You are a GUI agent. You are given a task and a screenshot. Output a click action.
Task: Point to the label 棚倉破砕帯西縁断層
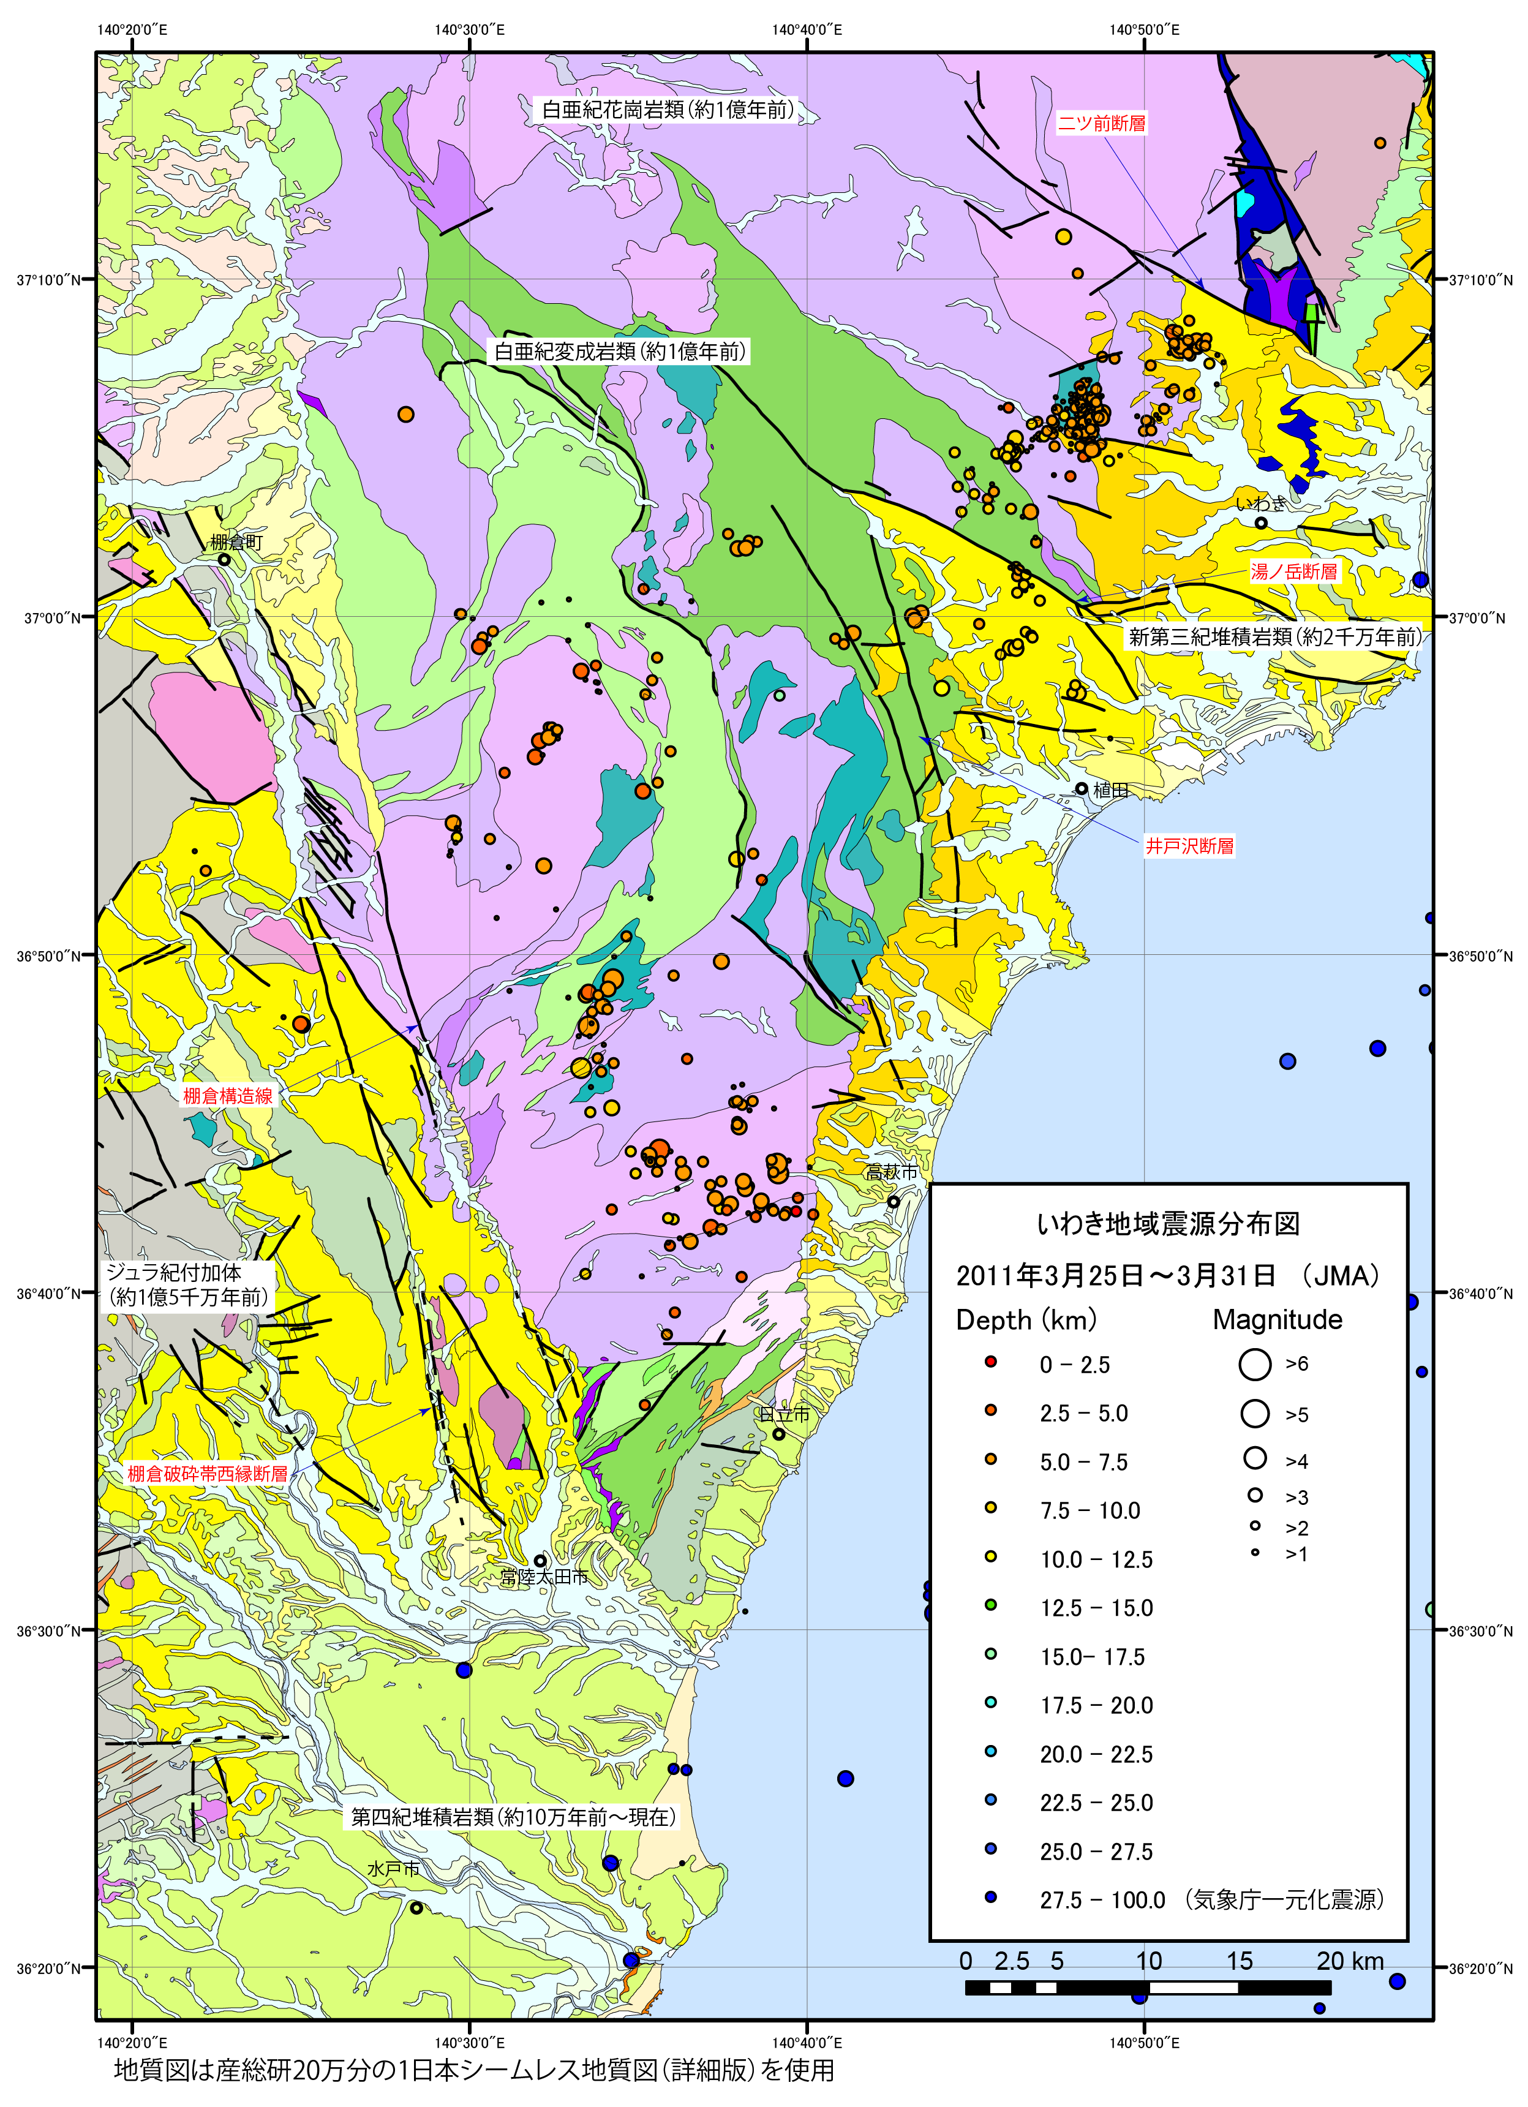point(207,1474)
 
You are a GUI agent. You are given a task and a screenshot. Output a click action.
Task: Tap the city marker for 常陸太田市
point(540,1561)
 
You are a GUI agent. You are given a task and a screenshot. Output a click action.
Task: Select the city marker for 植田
point(1081,789)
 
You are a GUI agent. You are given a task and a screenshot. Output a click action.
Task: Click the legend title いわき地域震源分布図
point(1168,1224)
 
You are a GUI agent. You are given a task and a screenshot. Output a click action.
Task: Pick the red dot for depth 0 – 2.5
point(991,1362)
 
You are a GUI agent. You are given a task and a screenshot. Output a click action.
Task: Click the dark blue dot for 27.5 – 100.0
point(991,1897)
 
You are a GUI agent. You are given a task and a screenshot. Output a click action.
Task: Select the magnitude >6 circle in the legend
point(1254,1364)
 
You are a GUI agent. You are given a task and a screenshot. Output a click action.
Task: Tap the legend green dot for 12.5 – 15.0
point(991,1605)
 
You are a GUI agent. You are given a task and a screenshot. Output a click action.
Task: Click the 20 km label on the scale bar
point(1350,1961)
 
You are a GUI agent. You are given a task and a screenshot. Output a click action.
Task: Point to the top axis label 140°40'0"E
point(807,30)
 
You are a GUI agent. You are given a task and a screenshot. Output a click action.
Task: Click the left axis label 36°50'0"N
point(54,955)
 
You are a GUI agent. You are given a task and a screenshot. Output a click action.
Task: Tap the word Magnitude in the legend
point(1277,1319)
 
